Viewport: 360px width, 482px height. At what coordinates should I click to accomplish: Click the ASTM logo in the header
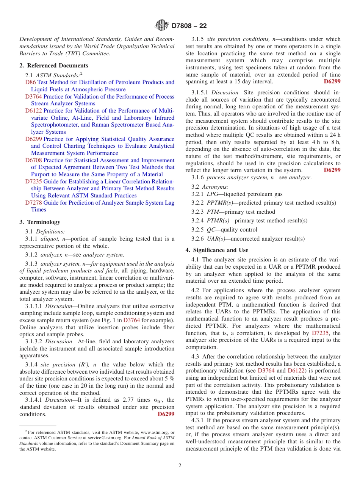click(162, 26)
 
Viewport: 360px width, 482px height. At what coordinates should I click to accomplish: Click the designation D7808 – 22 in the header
click(189, 26)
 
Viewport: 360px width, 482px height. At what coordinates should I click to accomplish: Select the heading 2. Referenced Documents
click(53, 66)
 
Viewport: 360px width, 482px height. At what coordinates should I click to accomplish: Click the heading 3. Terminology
click(40, 222)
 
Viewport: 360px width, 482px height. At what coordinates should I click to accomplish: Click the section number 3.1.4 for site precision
click(32, 365)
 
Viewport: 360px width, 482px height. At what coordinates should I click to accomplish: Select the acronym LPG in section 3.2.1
click(212, 194)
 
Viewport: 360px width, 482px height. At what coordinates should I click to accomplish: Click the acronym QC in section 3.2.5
click(211, 230)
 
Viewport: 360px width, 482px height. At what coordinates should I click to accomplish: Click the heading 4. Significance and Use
click(217, 250)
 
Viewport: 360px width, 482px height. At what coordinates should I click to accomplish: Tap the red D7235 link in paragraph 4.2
click(321, 333)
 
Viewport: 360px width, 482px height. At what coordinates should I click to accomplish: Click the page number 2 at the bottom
click(180, 466)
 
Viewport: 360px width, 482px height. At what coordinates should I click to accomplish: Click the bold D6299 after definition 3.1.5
click(332, 81)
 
